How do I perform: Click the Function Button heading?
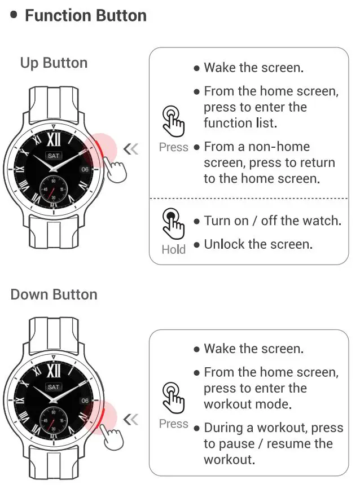(85, 15)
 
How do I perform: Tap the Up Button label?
(54, 63)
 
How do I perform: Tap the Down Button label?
(54, 294)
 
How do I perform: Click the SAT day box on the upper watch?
(54, 155)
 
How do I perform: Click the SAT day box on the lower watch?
(54, 387)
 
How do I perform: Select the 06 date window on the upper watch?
(85, 168)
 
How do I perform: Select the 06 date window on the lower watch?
(85, 400)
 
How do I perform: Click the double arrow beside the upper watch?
(130, 149)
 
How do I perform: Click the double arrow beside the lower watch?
(130, 419)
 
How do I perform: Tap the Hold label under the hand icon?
(173, 249)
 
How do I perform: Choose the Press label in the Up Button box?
(173, 147)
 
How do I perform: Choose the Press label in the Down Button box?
(173, 424)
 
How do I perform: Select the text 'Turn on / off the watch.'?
(273, 221)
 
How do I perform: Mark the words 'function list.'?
(239, 123)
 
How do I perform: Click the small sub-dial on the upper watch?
(54, 189)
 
